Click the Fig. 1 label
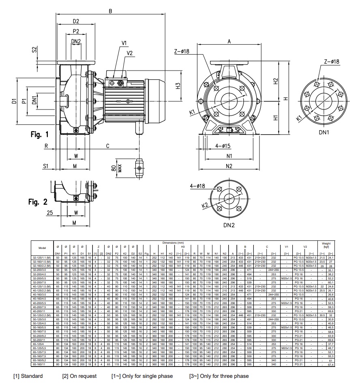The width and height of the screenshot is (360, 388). coord(39,134)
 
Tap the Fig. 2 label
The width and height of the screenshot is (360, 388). coord(39,202)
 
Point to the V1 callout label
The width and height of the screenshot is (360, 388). coord(124,43)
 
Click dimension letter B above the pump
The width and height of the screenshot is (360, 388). coord(110,11)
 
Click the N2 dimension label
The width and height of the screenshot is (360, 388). coord(229,166)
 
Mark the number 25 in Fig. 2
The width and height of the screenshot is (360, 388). coord(49,212)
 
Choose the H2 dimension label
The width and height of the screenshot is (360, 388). coord(275,81)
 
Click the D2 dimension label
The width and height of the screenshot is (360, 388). coord(75,21)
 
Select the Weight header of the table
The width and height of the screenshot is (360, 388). coord(326,244)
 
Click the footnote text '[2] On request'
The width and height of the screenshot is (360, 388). coord(79,376)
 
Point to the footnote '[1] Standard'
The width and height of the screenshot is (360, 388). coord(28,376)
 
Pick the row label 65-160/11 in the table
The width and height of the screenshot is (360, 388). coord(42,365)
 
